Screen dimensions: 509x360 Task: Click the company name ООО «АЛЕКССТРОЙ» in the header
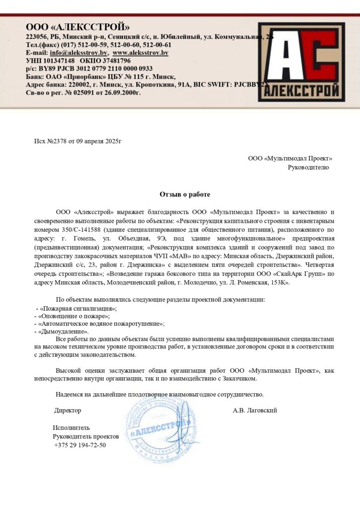78,27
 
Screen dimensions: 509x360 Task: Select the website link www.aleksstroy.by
140,53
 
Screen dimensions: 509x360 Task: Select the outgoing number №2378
57,141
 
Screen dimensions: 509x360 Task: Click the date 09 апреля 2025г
98,141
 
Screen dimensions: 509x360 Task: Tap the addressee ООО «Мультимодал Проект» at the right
290,159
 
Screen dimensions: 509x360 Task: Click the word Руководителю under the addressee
308,168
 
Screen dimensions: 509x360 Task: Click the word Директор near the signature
68,411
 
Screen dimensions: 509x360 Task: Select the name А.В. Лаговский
255,411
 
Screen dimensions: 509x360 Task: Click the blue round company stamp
162,427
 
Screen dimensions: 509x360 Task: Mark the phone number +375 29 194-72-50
80,445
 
